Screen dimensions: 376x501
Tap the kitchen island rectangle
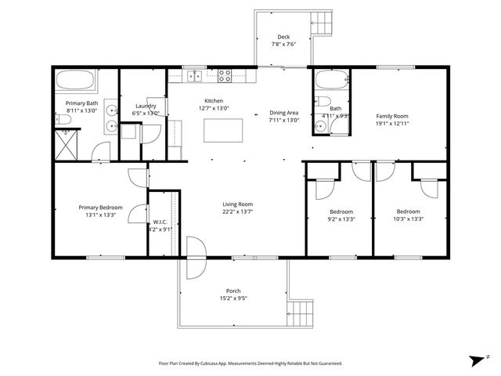[x=222, y=131]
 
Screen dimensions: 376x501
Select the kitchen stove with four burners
[x=225, y=76]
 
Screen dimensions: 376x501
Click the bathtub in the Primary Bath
[x=75, y=80]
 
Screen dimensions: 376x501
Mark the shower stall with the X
[x=66, y=144]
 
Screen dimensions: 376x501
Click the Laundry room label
[x=146, y=106]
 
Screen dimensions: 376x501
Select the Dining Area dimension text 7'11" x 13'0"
[x=283, y=120]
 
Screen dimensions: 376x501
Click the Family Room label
[x=391, y=116]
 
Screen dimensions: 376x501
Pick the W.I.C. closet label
[x=160, y=222]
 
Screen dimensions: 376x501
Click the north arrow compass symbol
[x=478, y=360]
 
